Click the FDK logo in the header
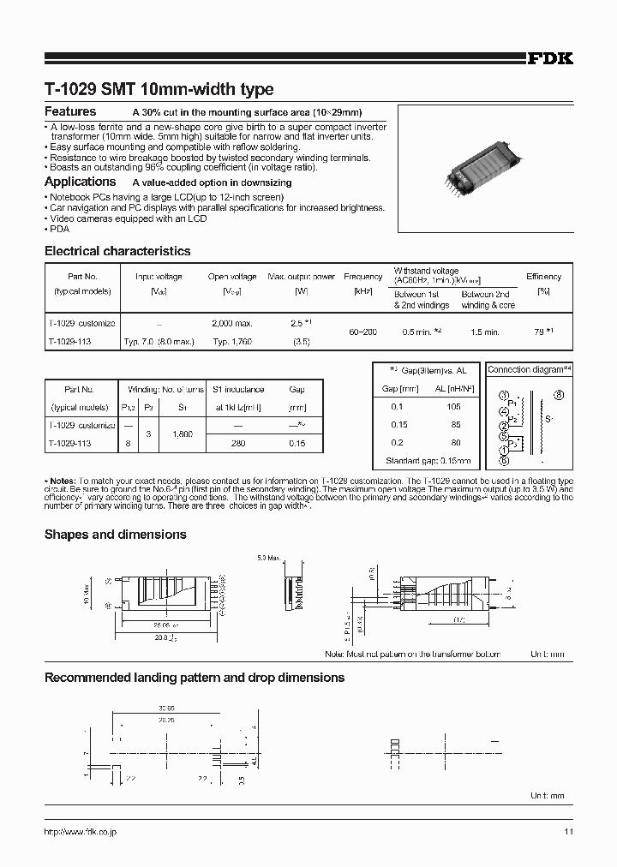click(x=549, y=59)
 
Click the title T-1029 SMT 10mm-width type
click(x=159, y=89)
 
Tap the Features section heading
click(x=70, y=112)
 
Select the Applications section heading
click(x=80, y=182)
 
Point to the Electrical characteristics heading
click(x=117, y=251)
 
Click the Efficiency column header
click(x=543, y=277)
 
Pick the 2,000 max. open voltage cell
click(x=232, y=323)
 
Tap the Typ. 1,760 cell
click(x=232, y=340)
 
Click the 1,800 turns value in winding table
click(x=183, y=434)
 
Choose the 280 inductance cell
click(x=239, y=444)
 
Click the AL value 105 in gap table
click(x=454, y=407)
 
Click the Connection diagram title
click(x=529, y=369)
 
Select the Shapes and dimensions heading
click(x=115, y=534)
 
